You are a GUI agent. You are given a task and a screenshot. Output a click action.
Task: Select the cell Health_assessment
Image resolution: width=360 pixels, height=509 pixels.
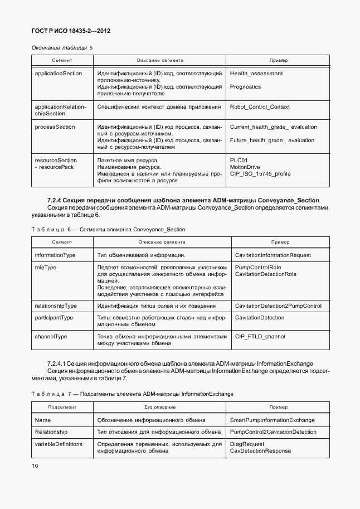click(x=256, y=74)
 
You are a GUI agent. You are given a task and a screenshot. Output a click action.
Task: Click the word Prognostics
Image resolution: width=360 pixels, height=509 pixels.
click(x=245, y=87)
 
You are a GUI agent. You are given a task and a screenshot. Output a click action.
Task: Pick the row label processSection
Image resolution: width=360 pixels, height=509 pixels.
click(x=55, y=127)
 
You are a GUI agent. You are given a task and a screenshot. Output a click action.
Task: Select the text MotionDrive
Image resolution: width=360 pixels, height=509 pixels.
click(x=245, y=167)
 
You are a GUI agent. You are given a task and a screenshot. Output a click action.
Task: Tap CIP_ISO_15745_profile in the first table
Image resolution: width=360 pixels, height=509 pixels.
click(x=260, y=174)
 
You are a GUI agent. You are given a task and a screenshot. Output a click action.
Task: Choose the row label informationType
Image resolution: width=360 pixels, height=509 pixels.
click(x=55, y=255)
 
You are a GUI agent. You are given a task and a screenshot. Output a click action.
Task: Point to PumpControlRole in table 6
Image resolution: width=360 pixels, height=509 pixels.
click(x=258, y=268)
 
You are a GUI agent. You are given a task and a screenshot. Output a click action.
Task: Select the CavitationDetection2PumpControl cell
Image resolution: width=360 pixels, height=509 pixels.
click(x=278, y=306)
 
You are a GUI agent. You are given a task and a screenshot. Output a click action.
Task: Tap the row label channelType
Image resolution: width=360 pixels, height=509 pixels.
click(x=51, y=337)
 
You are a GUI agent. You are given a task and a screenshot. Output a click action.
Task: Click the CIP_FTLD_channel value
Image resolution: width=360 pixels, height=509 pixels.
click(x=260, y=337)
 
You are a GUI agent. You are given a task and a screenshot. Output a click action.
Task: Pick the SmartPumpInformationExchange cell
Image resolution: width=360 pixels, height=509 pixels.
click(x=272, y=420)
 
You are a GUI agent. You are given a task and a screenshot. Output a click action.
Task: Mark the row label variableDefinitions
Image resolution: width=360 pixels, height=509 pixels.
click(x=59, y=444)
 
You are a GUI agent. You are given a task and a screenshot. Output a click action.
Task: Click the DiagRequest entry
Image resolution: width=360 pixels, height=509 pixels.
click(x=248, y=444)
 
